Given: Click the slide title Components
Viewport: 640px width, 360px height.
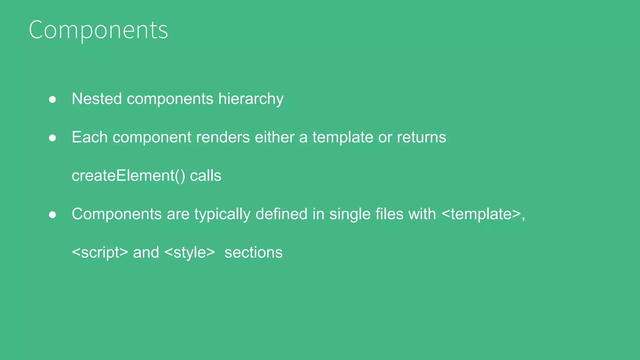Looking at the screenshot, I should click(98, 30).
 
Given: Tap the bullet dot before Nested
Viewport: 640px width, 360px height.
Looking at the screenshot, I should click(52, 99).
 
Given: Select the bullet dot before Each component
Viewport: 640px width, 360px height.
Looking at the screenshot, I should click(52, 138).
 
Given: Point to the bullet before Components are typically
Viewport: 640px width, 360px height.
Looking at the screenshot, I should click(52, 215).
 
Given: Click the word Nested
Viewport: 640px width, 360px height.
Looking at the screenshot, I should click(97, 99).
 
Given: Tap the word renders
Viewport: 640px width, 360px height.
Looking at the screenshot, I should click(223, 137).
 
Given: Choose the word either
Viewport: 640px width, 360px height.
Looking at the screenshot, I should click(274, 137).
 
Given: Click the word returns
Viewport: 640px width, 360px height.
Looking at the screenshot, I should click(421, 137).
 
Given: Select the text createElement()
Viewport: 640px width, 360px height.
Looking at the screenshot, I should click(128, 176).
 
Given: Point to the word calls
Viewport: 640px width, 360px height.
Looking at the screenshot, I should click(206, 176).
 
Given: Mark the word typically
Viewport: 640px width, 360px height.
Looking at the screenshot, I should click(222, 215).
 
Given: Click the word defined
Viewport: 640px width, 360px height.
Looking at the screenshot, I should click(281, 214).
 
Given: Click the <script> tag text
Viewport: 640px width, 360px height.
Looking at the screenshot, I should click(100, 252).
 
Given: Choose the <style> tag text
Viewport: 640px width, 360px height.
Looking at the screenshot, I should click(189, 252).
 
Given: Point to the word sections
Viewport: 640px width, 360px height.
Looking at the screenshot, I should click(253, 252).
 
